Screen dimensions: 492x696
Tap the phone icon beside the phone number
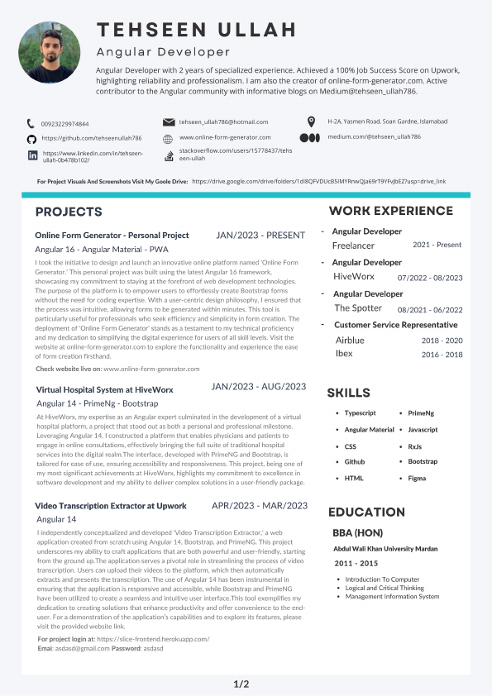click(x=31, y=123)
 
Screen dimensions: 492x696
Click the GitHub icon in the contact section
click(x=31, y=139)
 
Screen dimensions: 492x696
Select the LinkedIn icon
click(x=32, y=155)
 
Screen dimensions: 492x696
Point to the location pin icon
click(x=310, y=122)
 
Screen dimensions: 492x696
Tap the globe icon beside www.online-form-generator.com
click(x=168, y=137)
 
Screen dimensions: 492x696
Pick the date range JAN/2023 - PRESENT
click(x=260, y=236)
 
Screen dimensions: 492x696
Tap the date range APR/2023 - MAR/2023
click(x=260, y=506)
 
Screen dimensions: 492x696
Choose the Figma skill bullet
click(x=418, y=479)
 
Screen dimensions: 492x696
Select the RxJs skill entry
click(x=415, y=446)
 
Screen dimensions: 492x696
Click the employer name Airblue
click(x=350, y=341)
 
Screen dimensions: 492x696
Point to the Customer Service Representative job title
click(x=396, y=325)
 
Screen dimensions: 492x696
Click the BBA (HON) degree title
click(x=357, y=532)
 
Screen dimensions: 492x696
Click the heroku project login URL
click(x=153, y=639)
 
